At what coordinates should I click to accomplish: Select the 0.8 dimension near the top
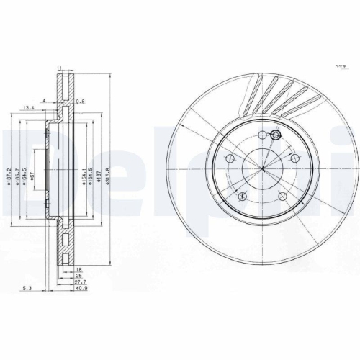[x=80, y=102]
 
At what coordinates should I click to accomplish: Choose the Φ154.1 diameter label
[x=84, y=174]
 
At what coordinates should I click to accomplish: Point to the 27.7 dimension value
[x=79, y=282]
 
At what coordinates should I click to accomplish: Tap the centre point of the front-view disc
[x=263, y=167]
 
